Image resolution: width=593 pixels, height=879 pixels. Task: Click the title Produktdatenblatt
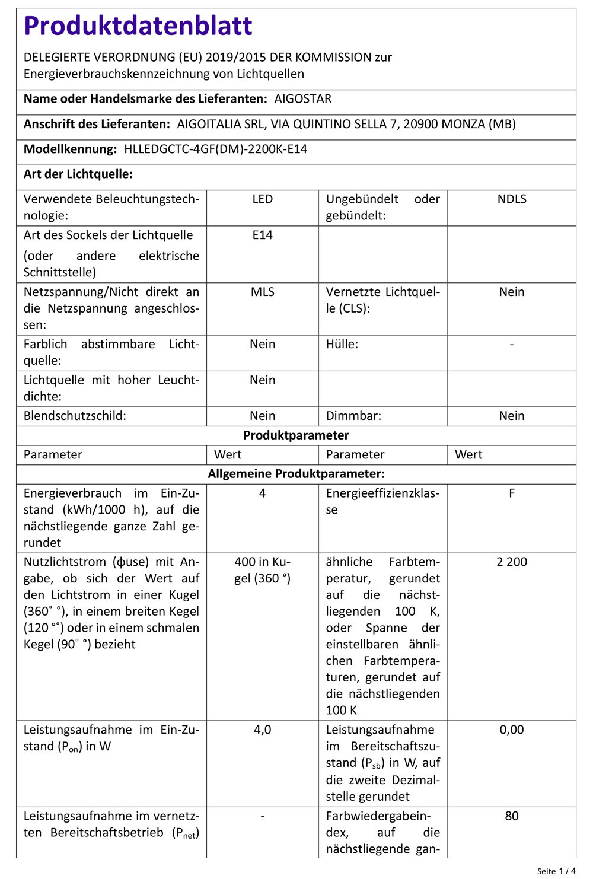(x=138, y=26)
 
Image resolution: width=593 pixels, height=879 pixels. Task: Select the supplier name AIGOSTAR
(x=302, y=99)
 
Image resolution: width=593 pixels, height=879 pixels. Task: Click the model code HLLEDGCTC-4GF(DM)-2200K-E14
(x=215, y=149)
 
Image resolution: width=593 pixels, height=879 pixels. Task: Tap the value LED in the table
(x=262, y=199)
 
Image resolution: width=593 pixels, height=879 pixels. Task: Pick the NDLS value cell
(x=511, y=199)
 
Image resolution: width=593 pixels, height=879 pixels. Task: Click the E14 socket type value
(x=262, y=235)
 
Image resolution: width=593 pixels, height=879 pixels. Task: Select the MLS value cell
(x=262, y=292)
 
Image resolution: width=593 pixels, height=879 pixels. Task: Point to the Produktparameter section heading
(x=296, y=435)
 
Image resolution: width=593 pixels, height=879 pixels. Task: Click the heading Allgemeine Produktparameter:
(x=296, y=474)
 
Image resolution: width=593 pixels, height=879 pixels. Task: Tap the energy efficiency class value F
(x=511, y=493)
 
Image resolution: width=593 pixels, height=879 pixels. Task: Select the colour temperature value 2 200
(x=511, y=562)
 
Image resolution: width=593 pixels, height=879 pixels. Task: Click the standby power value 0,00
(x=511, y=730)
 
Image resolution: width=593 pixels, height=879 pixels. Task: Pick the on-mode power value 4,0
(x=262, y=730)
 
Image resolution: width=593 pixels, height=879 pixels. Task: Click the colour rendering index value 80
(x=511, y=816)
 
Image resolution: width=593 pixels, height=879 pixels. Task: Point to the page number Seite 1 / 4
(x=556, y=871)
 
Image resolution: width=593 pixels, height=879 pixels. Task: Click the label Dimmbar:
(x=353, y=416)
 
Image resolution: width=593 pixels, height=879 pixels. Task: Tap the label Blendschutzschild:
(x=75, y=416)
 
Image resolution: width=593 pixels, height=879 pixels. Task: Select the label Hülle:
(x=342, y=344)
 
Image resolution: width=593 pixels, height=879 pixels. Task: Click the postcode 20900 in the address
(x=420, y=124)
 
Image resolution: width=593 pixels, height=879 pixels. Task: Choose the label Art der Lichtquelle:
(x=78, y=174)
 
